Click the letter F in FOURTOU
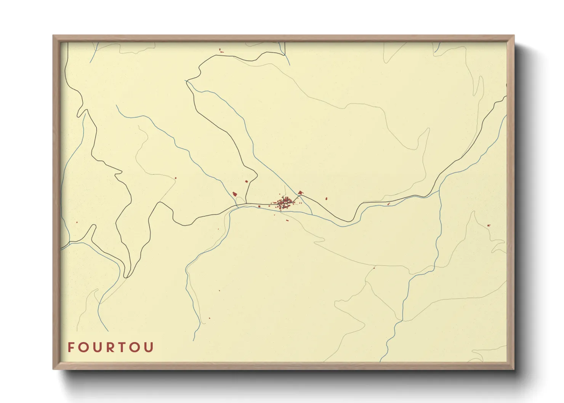point(70,347)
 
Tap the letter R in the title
point(111,347)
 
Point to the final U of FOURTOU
point(149,347)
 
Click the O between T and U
point(136,347)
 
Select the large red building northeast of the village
point(300,193)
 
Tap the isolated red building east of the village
point(326,198)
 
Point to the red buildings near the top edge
point(221,51)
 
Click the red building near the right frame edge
point(489,225)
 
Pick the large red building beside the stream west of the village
point(235,194)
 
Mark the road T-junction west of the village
point(246,203)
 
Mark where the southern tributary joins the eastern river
point(439,191)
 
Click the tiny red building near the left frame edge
point(77,222)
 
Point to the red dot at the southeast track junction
point(374,268)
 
